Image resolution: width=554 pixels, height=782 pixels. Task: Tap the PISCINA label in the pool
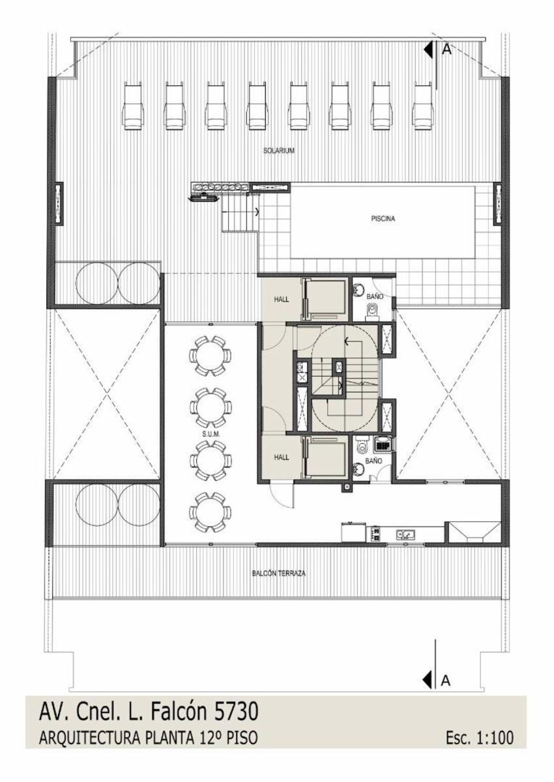pos(383,219)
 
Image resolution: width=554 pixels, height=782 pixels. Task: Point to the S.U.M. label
pos(210,433)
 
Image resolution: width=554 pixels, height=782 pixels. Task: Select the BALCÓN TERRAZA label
pos(278,573)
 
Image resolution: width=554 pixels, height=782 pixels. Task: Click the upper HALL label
pos(282,299)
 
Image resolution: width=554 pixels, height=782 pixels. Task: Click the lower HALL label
pos(282,457)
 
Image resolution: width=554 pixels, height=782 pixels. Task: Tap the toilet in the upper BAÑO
pos(372,311)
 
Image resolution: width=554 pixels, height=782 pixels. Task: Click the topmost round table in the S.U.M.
pos(210,356)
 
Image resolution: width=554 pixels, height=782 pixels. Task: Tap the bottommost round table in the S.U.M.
pos(210,512)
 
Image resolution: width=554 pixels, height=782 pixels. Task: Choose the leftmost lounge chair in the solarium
pos(132,106)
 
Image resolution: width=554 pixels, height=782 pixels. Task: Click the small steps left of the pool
pos(240,217)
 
